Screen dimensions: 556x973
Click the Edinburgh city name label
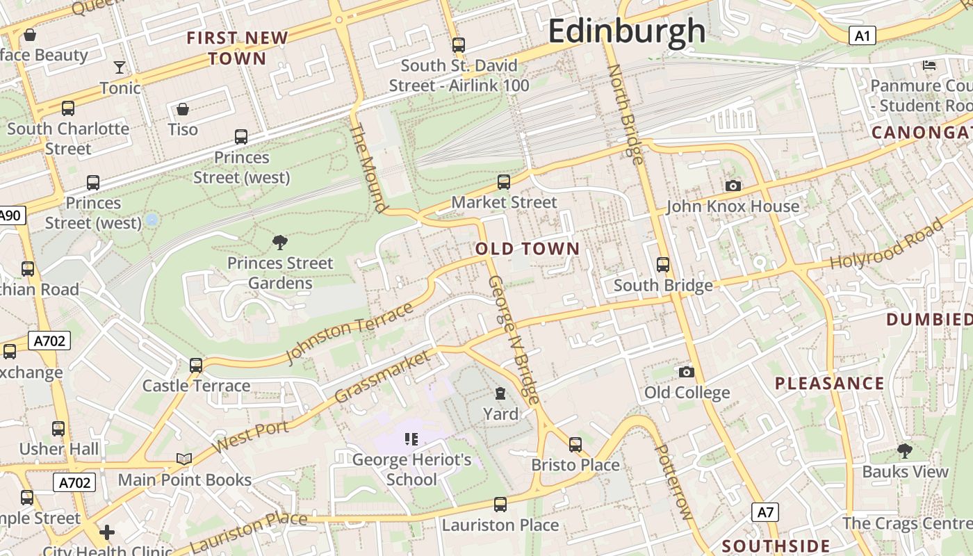tap(627, 31)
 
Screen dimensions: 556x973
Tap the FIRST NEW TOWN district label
tap(237, 48)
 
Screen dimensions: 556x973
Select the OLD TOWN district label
tap(528, 249)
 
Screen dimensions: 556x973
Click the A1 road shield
tap(862, 35)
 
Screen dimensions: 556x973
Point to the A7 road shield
tap(764, 513)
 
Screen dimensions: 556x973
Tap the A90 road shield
tap(10, 215)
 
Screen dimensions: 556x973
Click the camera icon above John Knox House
tap(733, 186)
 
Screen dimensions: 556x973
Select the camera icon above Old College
tap(686, 372)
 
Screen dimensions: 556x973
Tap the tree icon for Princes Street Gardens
tap(280, 243)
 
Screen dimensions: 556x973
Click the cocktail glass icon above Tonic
tap(120, 67)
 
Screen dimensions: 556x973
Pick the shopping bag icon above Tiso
tap(182, 109)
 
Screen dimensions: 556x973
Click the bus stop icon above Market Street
tap(504, 182)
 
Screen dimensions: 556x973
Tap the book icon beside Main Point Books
tap(183, 459)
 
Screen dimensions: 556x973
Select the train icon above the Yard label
tap(500, 394)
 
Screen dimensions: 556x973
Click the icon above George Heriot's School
tap(411, 439)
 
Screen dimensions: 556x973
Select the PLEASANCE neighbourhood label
tap(829, 383)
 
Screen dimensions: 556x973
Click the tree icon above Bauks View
tap(904, 451)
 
